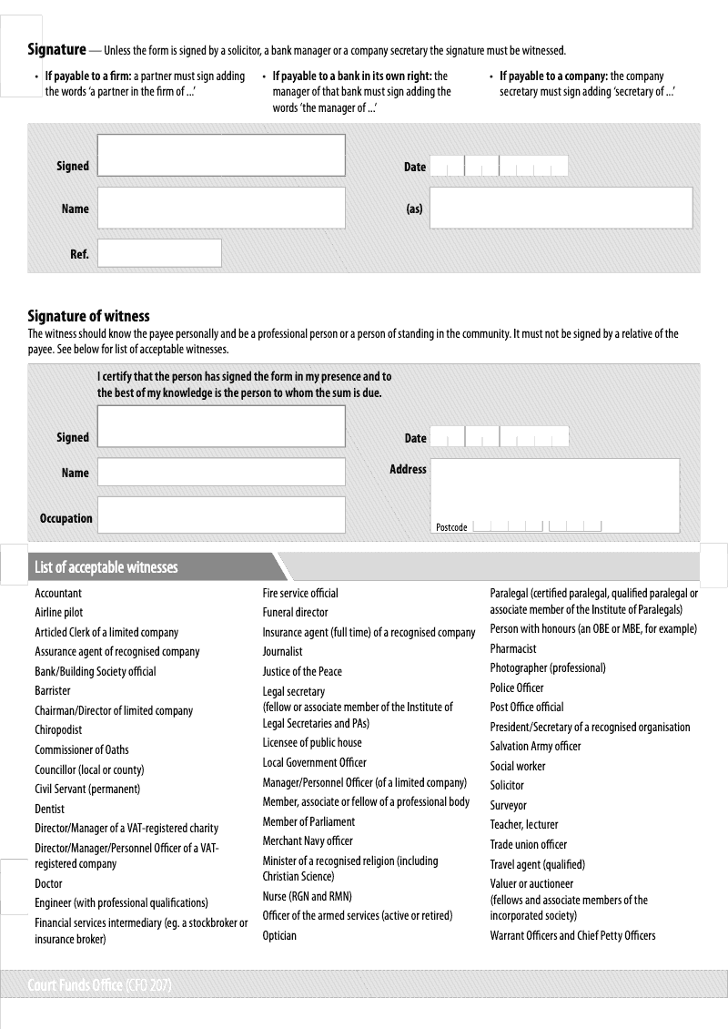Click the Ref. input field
159,253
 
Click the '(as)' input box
561,208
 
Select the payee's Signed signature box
221,155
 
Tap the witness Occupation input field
221,514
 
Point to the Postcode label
451,527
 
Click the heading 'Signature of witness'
88,316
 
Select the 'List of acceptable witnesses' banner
106,567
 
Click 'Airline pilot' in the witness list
58,613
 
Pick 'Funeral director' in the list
295,613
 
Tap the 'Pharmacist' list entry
513,648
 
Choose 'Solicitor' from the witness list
507,785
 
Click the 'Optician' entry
279,935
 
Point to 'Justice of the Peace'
302,671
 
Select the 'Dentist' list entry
49,809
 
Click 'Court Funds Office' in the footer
76,985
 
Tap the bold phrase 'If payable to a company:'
553,76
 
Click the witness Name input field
221,472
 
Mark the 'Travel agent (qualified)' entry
537,864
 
